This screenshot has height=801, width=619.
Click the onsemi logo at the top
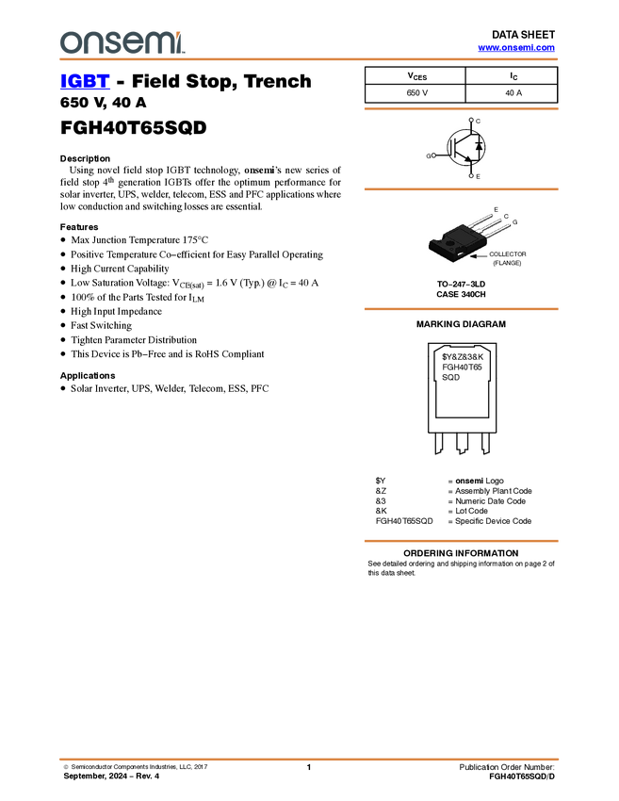click(122, 42)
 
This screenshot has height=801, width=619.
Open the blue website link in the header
click(516, 47)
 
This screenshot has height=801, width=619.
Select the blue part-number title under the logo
click(85, 82)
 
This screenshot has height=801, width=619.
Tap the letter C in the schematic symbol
click(479, 122)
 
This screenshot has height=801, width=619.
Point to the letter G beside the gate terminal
click(427, 155)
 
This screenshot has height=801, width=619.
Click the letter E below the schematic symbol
click(478, 177)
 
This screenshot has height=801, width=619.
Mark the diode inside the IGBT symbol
click(479, 146)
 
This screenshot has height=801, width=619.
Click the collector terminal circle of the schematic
click(471, 121)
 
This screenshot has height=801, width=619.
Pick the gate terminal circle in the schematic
click(433, 155)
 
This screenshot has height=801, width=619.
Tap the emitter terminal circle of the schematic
click(471, 175)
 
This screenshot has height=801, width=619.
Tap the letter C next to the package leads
click(506, 217)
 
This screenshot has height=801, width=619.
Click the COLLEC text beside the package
click(502, 254)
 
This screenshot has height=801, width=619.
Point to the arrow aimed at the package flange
click(479, 255)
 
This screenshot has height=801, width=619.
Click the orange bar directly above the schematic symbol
click(461, 109)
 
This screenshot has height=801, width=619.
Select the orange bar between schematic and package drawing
click(461, 189)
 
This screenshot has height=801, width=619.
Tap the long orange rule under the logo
click(309, 59)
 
